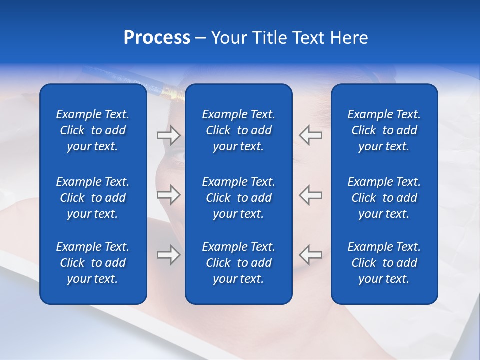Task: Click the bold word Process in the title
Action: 157,38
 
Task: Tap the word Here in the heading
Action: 348,38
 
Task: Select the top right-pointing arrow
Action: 169,135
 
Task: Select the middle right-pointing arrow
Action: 169,195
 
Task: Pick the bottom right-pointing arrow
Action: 169,255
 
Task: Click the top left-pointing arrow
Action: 310,135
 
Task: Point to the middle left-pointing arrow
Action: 310,195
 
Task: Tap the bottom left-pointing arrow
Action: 310,255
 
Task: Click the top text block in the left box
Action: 93,130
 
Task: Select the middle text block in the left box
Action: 93,198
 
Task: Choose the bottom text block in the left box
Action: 93,263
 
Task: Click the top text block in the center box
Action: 238,130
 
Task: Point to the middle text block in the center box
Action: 238,198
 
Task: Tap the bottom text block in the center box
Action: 238,263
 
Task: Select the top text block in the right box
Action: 384,130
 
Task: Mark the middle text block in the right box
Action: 384,198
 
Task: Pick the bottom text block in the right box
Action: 384,263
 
